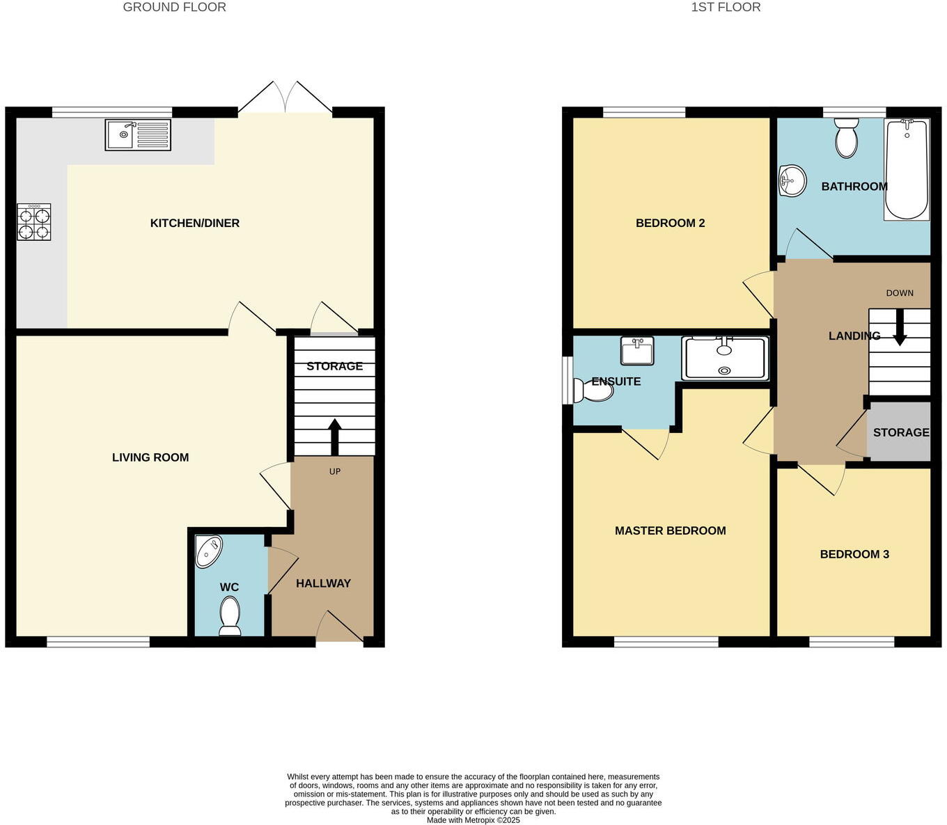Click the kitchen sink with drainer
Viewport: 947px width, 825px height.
138,134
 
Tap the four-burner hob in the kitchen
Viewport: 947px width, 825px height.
34,222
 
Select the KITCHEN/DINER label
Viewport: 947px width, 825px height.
195,223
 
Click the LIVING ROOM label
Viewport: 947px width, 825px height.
150,457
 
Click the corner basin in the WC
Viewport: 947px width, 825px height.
208,551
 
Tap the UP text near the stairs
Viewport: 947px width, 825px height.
335,471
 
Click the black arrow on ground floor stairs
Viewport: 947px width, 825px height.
334,437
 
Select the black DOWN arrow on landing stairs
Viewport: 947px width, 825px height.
900,327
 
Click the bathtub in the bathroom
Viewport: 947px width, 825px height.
907,169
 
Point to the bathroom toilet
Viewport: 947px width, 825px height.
847,137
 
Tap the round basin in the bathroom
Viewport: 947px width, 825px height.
792,182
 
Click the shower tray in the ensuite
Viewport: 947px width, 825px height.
725,359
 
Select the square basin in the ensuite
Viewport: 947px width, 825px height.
637,351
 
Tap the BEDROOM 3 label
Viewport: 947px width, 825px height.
854,554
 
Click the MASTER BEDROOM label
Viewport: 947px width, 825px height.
670,531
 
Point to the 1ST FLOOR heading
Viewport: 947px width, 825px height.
726,8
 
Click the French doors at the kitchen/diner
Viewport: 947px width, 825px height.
285,99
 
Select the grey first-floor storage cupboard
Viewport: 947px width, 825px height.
899,432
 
